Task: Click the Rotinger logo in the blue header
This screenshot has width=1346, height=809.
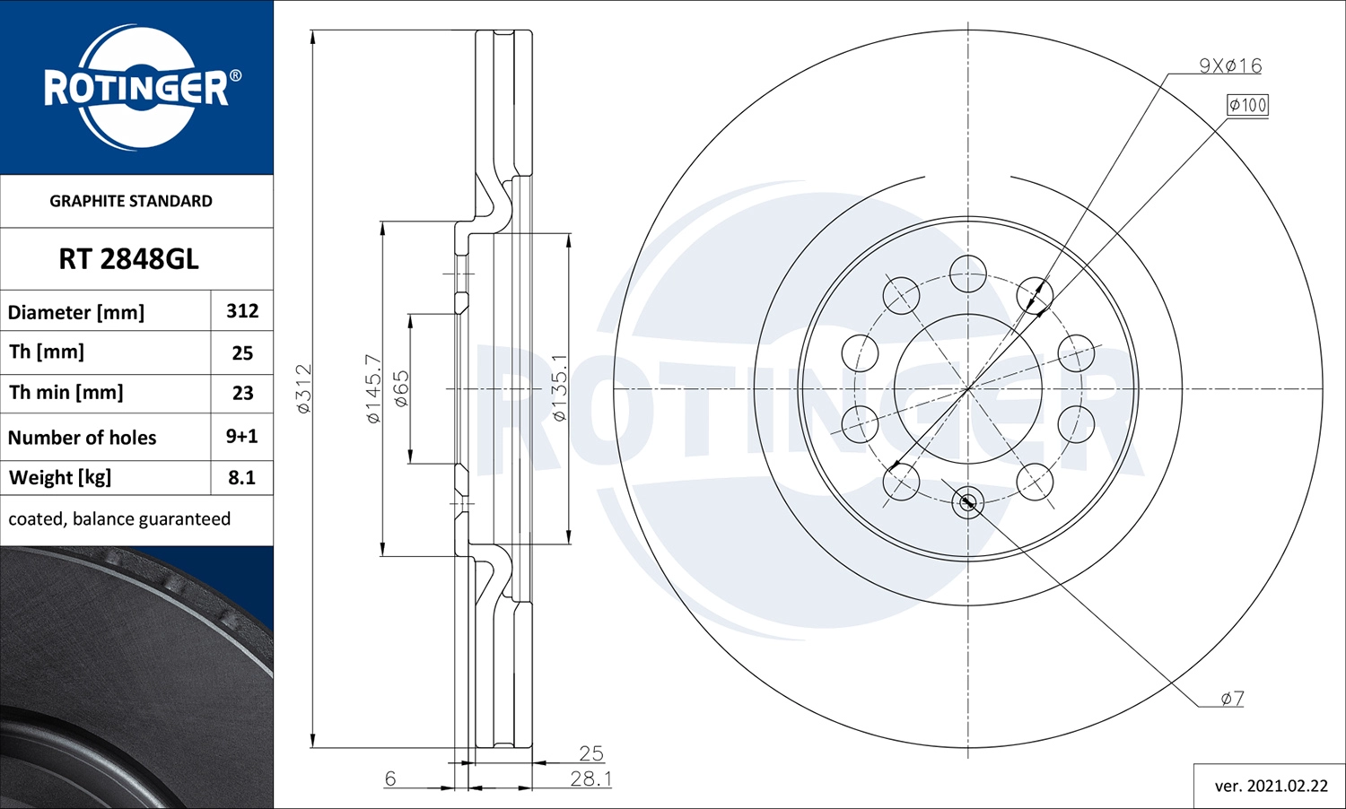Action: click(136, 88)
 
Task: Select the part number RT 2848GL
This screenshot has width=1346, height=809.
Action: click(128, 259)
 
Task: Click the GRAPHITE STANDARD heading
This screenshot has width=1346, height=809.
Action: click(131, 201)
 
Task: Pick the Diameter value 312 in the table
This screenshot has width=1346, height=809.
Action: click(242, 311)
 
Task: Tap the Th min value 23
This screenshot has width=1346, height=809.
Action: click(242, 393)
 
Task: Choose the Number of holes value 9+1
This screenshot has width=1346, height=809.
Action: click(241, 437)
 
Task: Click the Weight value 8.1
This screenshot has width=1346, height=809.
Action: click(241, 477)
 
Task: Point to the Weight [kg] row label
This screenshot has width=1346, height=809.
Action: click(60, 477)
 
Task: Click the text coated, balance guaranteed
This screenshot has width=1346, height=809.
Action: click(119, 519)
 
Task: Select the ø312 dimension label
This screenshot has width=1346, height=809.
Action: click(303, 388)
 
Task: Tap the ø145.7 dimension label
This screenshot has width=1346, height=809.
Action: click(373, 388)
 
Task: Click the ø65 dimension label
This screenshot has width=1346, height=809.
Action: click(401, 388)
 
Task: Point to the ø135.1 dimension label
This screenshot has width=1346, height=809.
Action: click(559, 388)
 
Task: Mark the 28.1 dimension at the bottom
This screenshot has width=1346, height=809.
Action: click(590, 779)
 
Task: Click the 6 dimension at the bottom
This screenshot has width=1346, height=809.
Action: click(390, 779)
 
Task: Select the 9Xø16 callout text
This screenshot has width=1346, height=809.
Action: click(1230, 65)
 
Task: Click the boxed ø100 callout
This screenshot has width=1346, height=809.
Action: click(1247, 105)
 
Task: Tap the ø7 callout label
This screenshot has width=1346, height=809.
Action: click(1232, 698)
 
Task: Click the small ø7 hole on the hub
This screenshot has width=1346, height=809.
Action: click(967, 502)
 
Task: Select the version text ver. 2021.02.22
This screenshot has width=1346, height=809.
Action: click(1271, 786)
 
